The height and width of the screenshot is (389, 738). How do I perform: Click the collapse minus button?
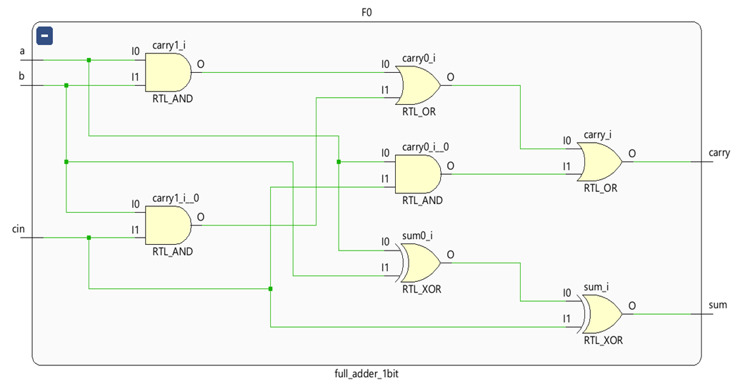click(x=44, y=34)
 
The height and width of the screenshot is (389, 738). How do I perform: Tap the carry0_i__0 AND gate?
click(x=418, y=173)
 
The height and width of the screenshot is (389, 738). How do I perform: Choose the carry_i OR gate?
click(x=599, y=161)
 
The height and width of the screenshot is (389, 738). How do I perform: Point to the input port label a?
click(x=22, y=51)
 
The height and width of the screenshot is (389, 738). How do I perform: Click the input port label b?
click(x=22, y=76)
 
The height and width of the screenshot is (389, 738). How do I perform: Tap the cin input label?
click(x=19, y=228)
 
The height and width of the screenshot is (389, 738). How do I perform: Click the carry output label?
click(x=719, y=153)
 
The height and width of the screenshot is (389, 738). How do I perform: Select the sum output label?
click(x=717, y=305)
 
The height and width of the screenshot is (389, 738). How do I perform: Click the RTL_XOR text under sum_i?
click(x=603, y=340)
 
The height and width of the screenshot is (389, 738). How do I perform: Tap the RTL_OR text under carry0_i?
click(x=419, y=111)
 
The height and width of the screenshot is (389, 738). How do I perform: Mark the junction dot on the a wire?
click(x=89, y=60)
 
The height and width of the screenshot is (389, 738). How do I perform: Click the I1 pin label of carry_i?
click(x=567, y=166)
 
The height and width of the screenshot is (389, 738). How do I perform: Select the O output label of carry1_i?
click(x=200, y=64)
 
